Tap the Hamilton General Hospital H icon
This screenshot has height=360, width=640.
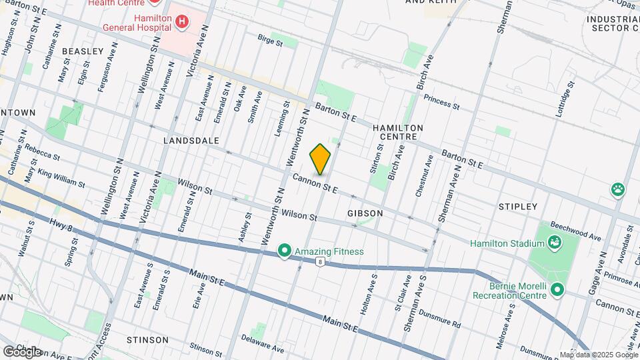click(181, 23)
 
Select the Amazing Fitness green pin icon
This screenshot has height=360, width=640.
click(285, 251)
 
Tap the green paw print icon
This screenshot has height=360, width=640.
click(618, 189)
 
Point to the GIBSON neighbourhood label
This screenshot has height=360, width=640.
click(365, 213)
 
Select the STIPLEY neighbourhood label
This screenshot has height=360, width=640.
click(517, 207)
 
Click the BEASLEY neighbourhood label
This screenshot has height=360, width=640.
click(83, 51)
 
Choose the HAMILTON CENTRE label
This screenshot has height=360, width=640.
click(398, 131)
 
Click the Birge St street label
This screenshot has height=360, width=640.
click(270, 41)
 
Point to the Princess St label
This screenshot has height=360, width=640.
click(441, 103)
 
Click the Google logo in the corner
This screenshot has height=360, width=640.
click(22, 351)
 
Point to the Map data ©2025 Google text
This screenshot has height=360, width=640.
click(598, 355)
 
